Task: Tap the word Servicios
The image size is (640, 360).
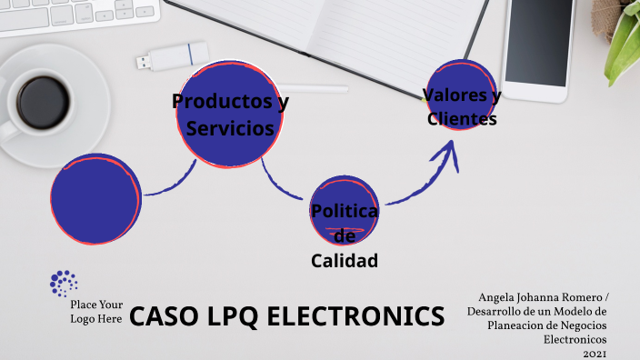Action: pyautogui.click(x=230, y=129)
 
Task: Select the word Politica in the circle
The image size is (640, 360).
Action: pyautogui.click(x=344, y=211)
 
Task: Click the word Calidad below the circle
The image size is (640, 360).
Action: pyautogui.click(x=344, y=261)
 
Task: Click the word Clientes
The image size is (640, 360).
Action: pyautogui.click(x=462, y=118)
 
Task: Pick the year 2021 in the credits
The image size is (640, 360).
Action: pyautogui.click(x=595, y=353)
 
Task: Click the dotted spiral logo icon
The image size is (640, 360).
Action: pyautogui.click(x=63, y=283)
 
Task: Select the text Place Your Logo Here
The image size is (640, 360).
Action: pyautogui.click(x=95, y=312)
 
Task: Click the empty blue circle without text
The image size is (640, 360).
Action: pyautogui.click(x=95, y=201)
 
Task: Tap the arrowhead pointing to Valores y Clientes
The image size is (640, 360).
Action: pyautogui.click(x=448, y=157)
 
